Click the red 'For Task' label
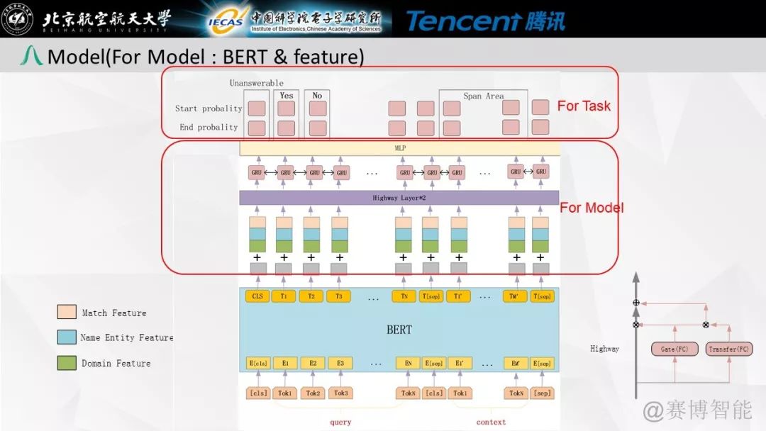[x=584, y=106]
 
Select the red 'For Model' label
[x=592, y=208]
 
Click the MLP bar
[x=399, y=149]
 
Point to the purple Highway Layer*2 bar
[x=399, y=198]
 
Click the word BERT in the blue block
[x=399, y=330]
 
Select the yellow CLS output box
[x=256, y=296]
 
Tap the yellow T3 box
[x=339, y=296]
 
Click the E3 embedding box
[x=340, y=363]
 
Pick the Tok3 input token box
[x=340, y=393]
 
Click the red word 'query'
[x=340, y=422]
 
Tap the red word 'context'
[x=491, y=422]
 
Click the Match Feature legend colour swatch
[x=67, y=313]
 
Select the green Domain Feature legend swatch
[x=67, y=363]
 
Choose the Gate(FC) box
[x=672, y=349]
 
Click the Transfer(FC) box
[x=729, y=349]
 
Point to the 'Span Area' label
[x=484, y=96]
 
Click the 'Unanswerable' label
[x=256, y=83]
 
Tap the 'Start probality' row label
[x=209, y=108]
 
